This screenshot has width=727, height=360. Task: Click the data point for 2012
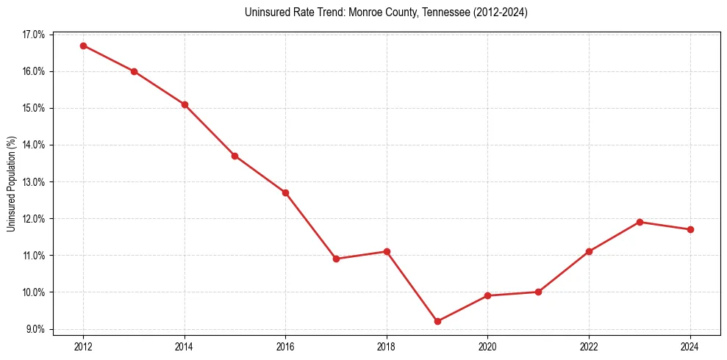click(83, 46)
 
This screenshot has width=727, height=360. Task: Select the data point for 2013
click(134, 71)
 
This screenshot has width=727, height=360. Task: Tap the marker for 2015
click(234, 156)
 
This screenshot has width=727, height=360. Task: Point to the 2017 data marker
click(336, 259)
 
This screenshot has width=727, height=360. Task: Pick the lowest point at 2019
click(437, 321)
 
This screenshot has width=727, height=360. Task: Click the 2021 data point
click(538, 292)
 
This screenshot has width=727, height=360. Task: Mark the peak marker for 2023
click(640, 222)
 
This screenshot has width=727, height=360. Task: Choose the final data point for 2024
click(690, 229)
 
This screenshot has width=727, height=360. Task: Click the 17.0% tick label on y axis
click(34, 35)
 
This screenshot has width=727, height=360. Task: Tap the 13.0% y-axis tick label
click(34, 181)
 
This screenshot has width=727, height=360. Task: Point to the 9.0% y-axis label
click(35, 328)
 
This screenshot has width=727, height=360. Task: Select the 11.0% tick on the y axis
click(34, 255)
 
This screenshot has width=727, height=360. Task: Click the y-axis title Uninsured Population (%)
click(11, 184)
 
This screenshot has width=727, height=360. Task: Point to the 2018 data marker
click(387, 251)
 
